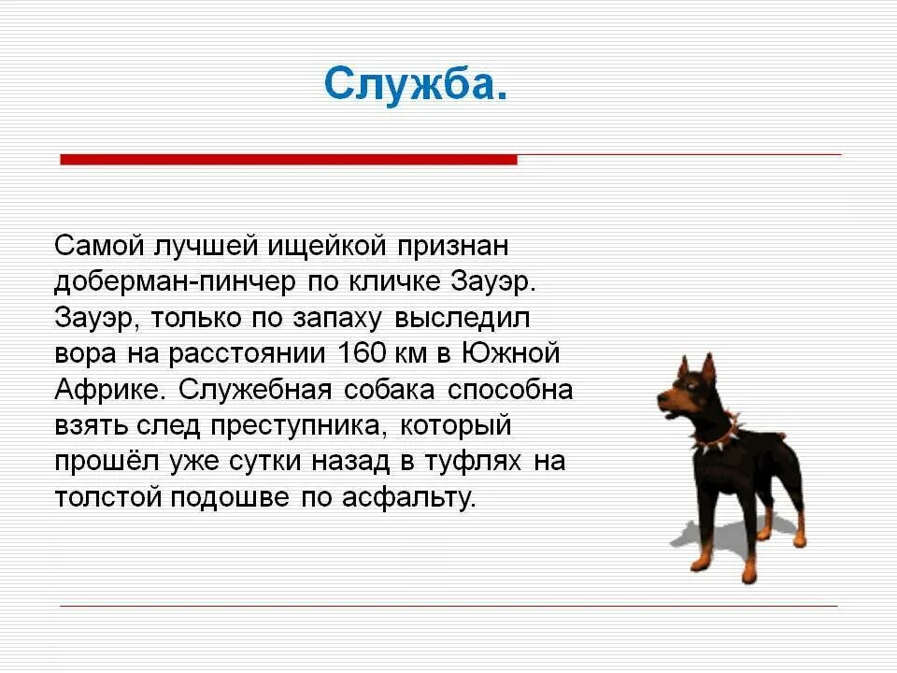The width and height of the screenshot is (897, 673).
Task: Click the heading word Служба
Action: click(x=416, y=85)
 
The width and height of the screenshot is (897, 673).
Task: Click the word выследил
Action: click(x=463, y=319)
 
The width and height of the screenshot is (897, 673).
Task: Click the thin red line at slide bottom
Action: click(x=448, y=606)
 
